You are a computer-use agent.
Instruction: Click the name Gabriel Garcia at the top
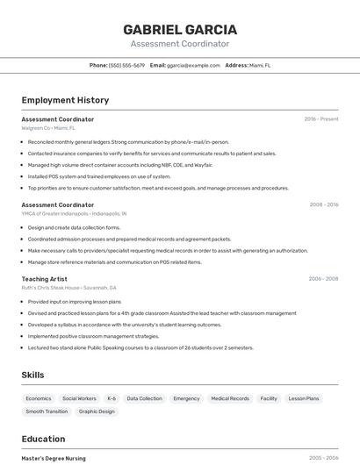pyautogui.click(x=180, y=29)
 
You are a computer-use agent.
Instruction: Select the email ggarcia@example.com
pyautogui.click(x=193, y=65)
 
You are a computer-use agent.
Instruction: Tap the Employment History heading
pyautogui.click(x=65, y=100)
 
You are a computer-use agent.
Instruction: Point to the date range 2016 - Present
pyautogui.click(x=320, y=119)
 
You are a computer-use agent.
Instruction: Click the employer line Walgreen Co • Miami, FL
pyautogui.click(x=48, y=128)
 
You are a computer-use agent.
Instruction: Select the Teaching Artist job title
pyautogui.click(x=44, y=279)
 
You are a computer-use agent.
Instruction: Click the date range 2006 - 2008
pyautogui.click(x=323, y=279)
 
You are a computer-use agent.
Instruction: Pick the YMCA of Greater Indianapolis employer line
pyautogui.click(x=74, y=213)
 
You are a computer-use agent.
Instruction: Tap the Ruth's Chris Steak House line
pyautogui.click(x=69, y=288)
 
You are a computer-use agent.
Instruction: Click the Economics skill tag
pyautogui.click(x=39, y=398)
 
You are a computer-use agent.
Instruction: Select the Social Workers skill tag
pyautogui.click(x=79, y=398)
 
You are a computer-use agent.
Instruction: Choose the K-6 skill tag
pyautogui.click(x=112, y=398)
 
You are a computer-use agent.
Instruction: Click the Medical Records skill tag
pyautogui.click(x=230, y=398)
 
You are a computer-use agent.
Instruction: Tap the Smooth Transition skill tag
pyautogui.click(x=47, y=411)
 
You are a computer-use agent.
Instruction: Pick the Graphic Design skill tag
pyautogui.click(x=97, y=411)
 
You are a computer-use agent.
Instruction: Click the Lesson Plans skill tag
pyautogui.click(x=304, y=398)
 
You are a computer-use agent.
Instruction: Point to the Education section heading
pyautogui.click(x=43, y=439)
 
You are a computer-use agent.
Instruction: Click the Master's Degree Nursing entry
pyautogui.click(x=54, y=458)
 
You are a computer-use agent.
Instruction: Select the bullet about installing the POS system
pyautogui.click(x=99, y=176)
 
